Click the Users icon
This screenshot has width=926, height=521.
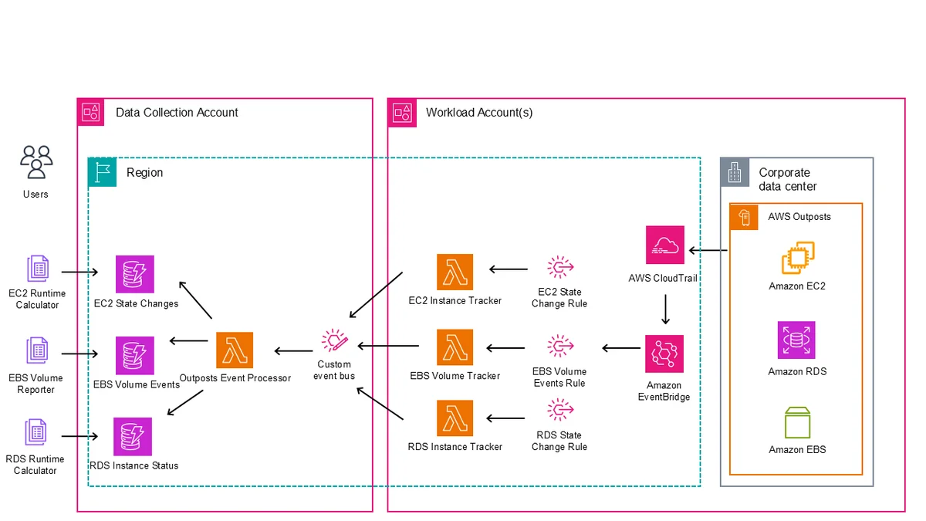point(36,162)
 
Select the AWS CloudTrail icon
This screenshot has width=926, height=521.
point(664,245)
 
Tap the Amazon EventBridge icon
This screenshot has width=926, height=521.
point(664,354)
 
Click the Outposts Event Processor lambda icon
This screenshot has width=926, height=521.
point(235,350)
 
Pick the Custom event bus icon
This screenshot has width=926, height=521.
point(334,340)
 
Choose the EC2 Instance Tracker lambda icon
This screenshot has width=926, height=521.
point(455,272)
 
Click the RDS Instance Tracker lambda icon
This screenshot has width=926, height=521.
point(455,418)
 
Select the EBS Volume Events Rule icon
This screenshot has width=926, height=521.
point(560,346)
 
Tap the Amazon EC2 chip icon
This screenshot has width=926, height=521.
point(798,258)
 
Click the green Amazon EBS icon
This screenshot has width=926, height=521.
point(797,423)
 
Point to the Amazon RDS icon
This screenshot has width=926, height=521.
point(796,340)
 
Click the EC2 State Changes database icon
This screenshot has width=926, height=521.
point(135,274)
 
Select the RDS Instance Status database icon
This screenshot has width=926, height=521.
point(133,437)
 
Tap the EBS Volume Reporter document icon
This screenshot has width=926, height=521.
point(37,350)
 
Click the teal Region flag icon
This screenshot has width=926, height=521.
point(102,172)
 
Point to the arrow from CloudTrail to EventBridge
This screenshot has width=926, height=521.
point(665,310)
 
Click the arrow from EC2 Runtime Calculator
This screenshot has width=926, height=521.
point(79,272)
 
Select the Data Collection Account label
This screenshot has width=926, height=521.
point(177,113)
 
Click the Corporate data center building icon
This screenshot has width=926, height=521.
point(735,172)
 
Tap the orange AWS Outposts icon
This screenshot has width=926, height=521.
point(744,217)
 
